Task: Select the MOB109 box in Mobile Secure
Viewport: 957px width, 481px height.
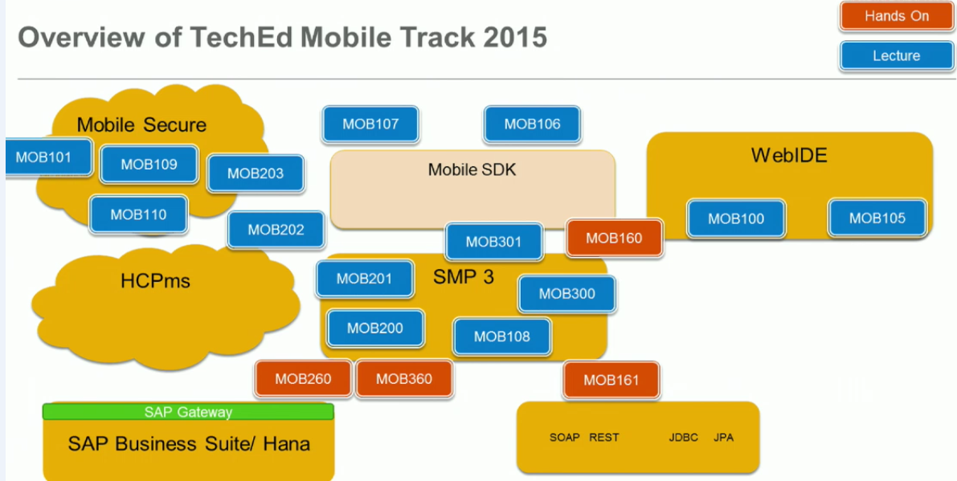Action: coord(149,164)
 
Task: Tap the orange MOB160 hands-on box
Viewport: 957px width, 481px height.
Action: coord(615,238)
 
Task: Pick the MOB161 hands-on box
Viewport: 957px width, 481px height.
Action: coord(611,380)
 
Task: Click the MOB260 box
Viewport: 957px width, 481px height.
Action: coord(303,379)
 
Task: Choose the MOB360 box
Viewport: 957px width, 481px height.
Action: coord(403,379)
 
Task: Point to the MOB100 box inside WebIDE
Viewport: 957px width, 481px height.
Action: coord(736,218)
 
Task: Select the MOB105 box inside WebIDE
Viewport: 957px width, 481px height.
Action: coord(877,218)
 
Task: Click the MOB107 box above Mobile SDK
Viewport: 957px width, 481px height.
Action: coord(370,124)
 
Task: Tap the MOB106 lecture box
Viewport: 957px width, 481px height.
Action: coord(532,124)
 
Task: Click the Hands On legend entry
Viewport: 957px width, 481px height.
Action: coord(897,16)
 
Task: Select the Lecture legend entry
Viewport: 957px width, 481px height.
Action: coord(897,56)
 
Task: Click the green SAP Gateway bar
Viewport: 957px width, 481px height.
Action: coord(188,412)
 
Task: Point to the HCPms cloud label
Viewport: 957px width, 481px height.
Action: coord(155,281)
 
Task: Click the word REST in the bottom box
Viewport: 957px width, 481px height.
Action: coord(604,438)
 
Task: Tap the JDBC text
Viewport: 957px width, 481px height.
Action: coord(683,438)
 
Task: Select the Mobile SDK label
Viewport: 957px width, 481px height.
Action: coord(472,170)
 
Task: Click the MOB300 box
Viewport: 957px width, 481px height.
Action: coord(567,294)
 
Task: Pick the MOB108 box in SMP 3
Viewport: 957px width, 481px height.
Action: coord(502,336)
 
